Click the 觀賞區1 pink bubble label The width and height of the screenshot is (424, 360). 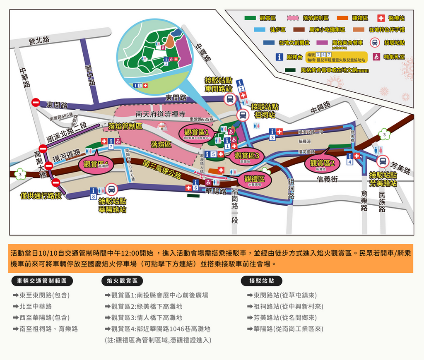coord(196,134)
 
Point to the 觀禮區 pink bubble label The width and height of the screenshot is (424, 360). coord(254,180)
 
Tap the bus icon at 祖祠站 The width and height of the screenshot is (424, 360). coord(242,115)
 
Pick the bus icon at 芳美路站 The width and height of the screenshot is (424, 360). coord(383,161)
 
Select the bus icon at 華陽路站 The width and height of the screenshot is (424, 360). coord(111,190)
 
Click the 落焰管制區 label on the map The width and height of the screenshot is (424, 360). coord(125,126)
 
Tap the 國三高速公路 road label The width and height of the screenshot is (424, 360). coord(162,169)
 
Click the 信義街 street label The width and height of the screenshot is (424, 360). coord(328,179)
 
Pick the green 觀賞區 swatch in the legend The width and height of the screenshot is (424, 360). coord(250,18)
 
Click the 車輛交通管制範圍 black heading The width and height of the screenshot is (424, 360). coord(43,281)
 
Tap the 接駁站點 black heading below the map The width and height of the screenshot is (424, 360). coord(261,281)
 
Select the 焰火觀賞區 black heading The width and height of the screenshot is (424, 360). coord(122,281)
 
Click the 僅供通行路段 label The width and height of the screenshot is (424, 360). coord(41,195)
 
